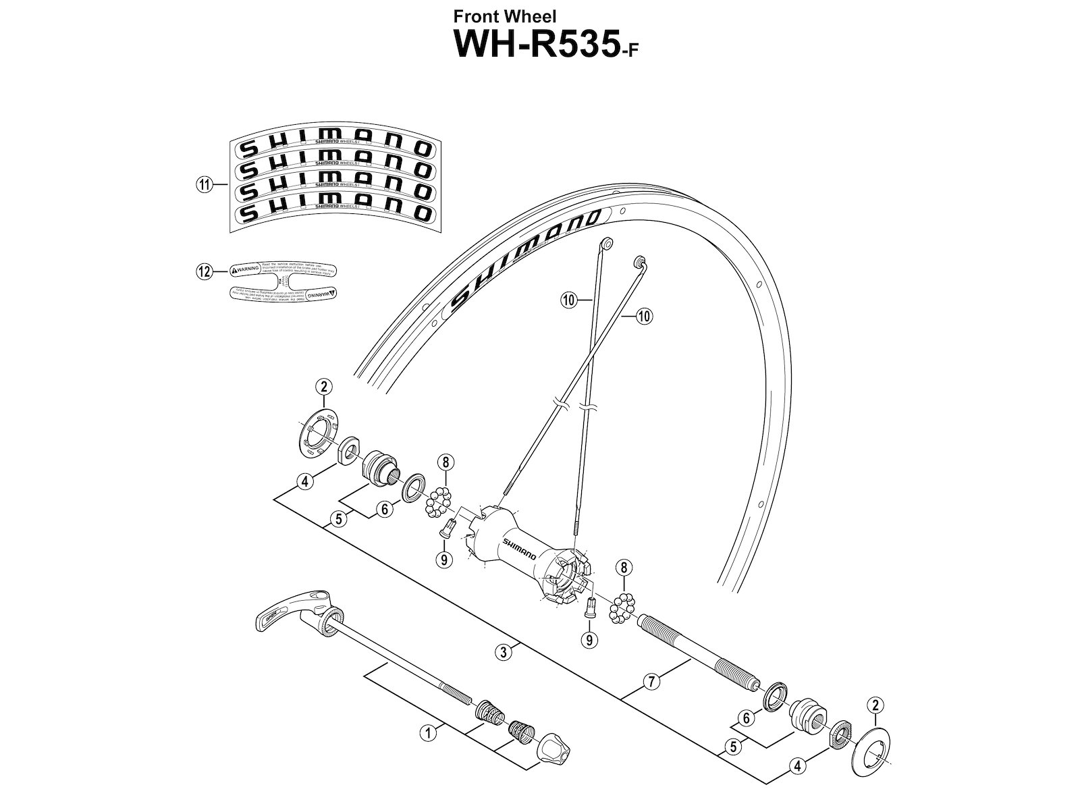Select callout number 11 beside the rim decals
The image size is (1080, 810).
[203, 184]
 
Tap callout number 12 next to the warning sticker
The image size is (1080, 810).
[203, 271]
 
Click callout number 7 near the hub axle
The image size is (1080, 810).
[651, 682]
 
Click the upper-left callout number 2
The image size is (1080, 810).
[324, 387]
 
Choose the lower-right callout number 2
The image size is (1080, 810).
[875, 706]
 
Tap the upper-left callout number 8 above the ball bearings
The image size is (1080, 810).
[445, 462]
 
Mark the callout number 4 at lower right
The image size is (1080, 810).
[799, 766]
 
